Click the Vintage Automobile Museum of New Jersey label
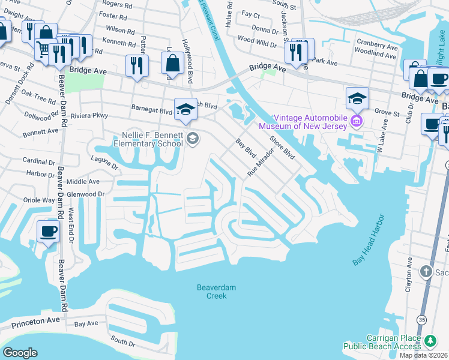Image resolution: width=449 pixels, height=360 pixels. tap(303, 122)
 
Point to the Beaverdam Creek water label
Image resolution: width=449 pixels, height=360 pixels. tap(217, 292)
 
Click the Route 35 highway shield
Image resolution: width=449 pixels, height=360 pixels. tap(423, 320)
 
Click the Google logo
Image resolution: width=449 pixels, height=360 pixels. tap(19, 353)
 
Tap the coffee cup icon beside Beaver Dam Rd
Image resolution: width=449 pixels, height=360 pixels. tap(48, 230)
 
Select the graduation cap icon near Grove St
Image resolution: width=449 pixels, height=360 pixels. tap(357, 97)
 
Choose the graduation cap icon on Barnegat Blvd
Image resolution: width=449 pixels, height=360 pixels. tap(185, 109)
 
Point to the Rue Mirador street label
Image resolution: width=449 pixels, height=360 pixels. tap(261, 160)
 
